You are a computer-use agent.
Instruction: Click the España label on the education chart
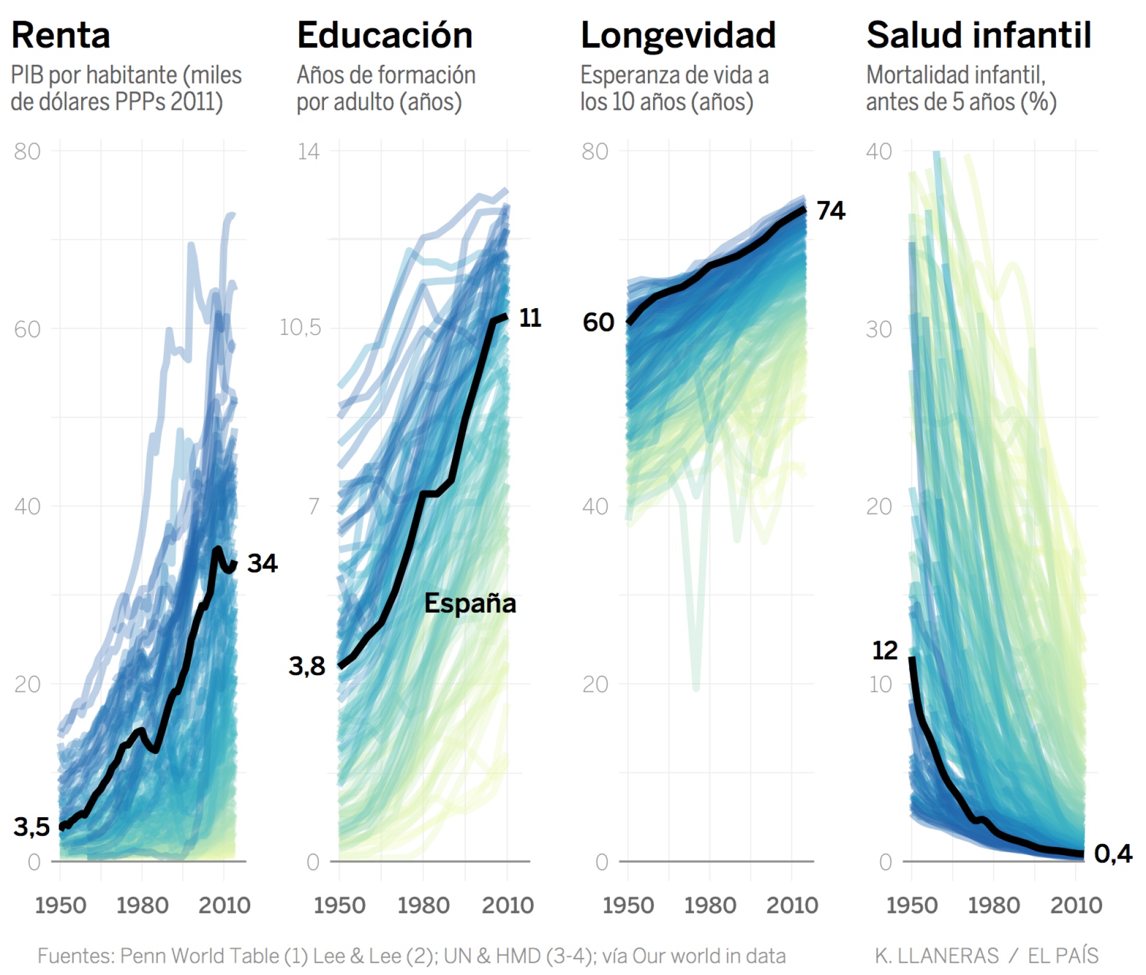470,603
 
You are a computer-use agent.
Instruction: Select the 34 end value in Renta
262,563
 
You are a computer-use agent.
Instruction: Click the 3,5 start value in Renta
32,827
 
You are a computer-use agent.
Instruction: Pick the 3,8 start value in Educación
306,666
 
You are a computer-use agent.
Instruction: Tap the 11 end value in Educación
530,318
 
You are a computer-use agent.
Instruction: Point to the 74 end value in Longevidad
830,210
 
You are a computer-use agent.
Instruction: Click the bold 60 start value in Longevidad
598,322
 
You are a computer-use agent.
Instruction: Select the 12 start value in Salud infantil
884,650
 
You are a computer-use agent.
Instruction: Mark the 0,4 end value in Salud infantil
1113,854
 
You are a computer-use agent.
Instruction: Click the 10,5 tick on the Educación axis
300,327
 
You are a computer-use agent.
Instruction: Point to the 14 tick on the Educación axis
308,151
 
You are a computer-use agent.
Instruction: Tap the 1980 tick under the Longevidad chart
710,905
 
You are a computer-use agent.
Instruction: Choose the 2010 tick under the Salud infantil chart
1076,905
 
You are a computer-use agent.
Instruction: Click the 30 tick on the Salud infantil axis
879,329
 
